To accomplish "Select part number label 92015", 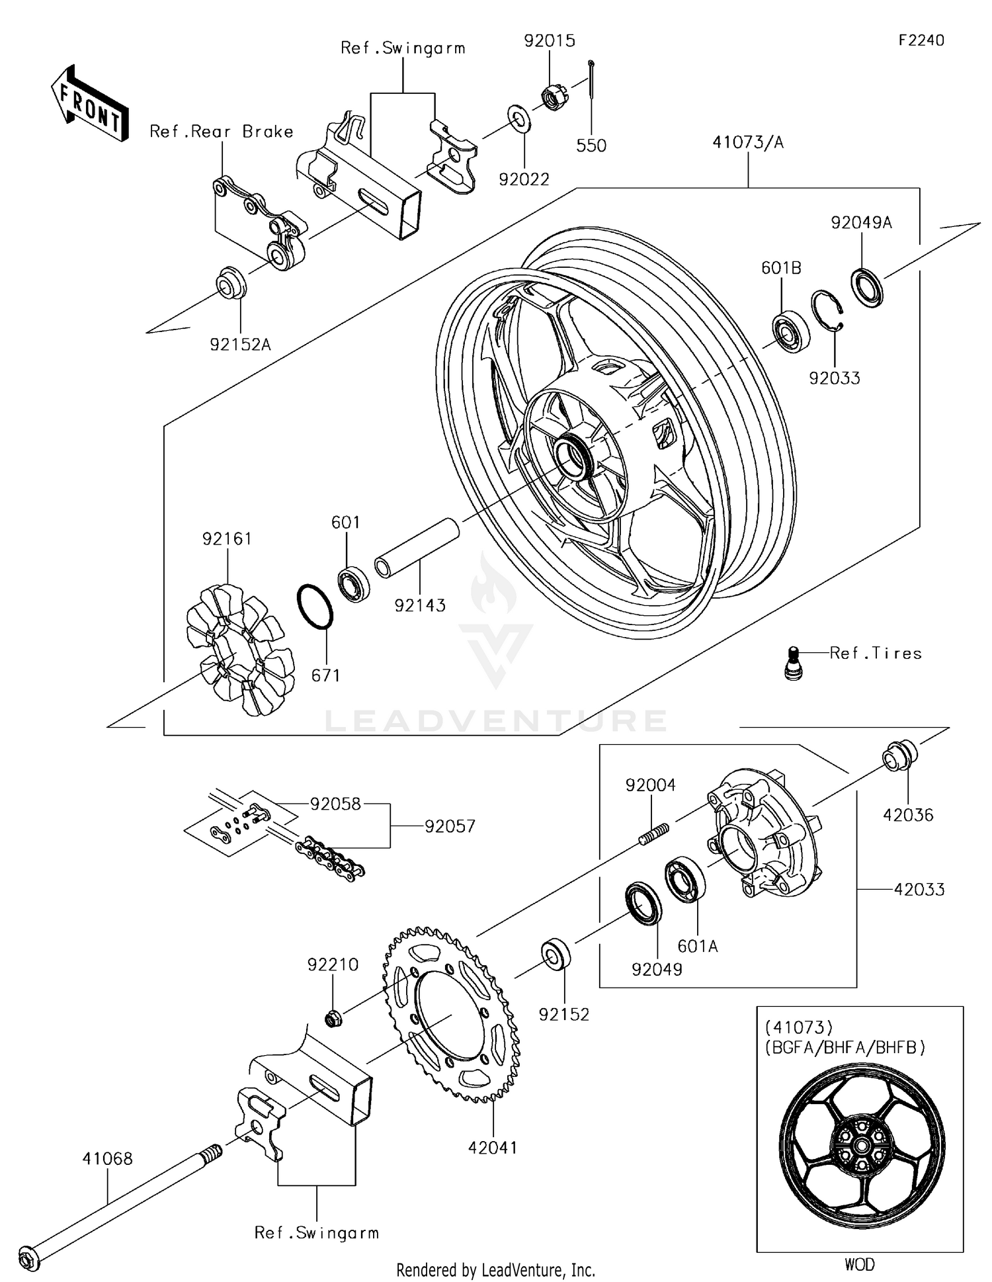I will point(550,41).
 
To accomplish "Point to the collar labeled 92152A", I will point(231,283).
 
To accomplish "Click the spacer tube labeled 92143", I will point(417,548).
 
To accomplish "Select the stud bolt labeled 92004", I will point(654,832).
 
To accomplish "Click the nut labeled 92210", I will point(333,1019).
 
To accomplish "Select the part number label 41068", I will point(107,1158).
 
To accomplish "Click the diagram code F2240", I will point(921,40).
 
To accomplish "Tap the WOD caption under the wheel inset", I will point(859,1264).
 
